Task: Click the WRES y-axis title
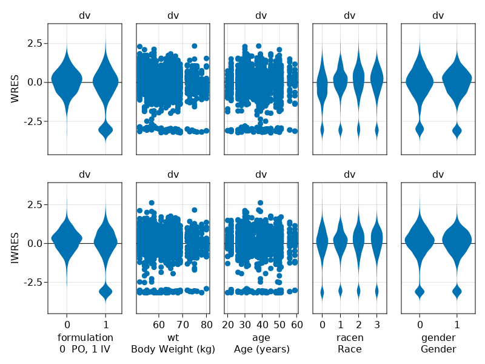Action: (16, 89)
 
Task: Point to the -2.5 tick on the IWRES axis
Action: (30, 283)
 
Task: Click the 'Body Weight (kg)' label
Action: (173, 349)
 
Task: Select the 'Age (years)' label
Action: (261, 349)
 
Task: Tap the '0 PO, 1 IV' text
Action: (85, 349)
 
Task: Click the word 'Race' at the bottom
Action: (349, 349)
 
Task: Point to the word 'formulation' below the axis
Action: (85, 337)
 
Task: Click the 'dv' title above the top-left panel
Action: (85, 16)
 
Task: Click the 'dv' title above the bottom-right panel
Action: (438, 175)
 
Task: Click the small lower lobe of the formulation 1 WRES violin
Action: (106, 129)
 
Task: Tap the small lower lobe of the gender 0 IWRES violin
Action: (420, 292)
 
